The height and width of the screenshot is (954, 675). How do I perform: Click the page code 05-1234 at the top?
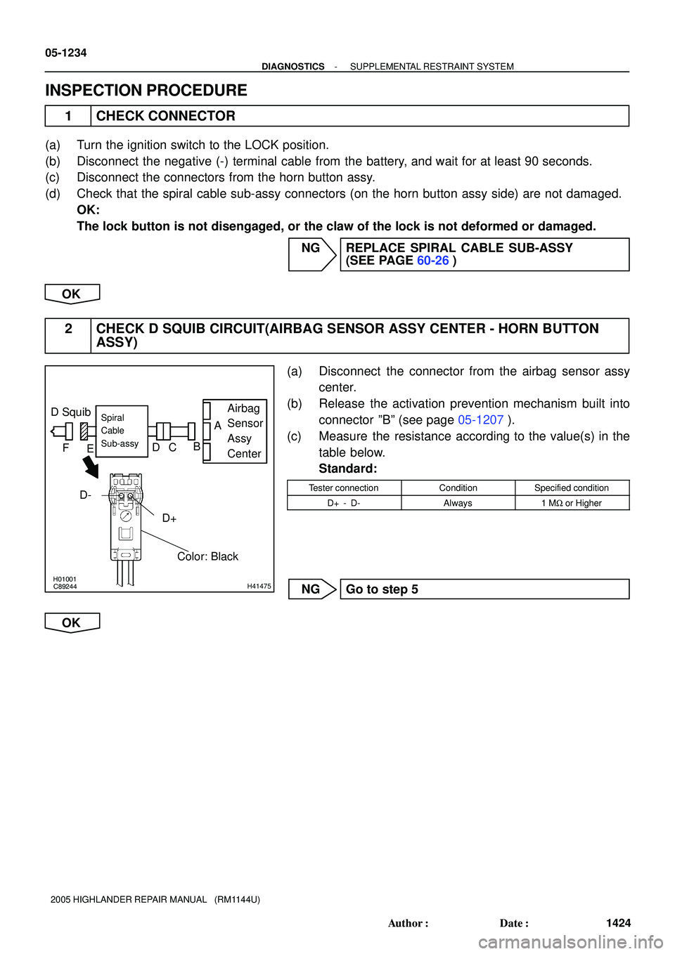coord(66,53)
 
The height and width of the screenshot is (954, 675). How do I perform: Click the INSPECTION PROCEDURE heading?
coord(146,91)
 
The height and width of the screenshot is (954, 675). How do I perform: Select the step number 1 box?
coord(68,116)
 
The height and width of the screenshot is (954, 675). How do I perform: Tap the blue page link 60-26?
coord(432,261)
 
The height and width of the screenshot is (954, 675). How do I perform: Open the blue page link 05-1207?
coord(480,420)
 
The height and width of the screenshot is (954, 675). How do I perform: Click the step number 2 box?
coord(68,335)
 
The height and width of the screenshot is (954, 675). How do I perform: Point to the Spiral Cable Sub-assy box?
coord(122,431)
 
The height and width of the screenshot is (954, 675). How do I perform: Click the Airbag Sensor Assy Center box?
coord(236,431)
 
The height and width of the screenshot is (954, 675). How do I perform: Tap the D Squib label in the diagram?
coord(71,412)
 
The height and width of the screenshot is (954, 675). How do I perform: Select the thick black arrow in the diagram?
coord(91,467)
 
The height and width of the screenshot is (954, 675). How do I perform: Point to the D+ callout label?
coord(169,518)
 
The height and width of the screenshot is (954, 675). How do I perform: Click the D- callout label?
coord(85,495)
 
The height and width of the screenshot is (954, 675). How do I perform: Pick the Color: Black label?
coord(207,556)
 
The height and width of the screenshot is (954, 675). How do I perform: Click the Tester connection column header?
coord(344,488)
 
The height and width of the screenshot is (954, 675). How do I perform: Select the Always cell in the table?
coord(458,503)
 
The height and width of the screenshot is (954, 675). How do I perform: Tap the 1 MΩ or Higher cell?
coord(572,503)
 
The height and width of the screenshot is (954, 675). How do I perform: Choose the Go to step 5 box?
coord(484,589)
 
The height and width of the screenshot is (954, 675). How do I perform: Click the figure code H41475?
coord(259,586)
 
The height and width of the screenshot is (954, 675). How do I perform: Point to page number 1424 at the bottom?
coord(618,923)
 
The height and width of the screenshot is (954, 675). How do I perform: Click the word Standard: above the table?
coord(348,469)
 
